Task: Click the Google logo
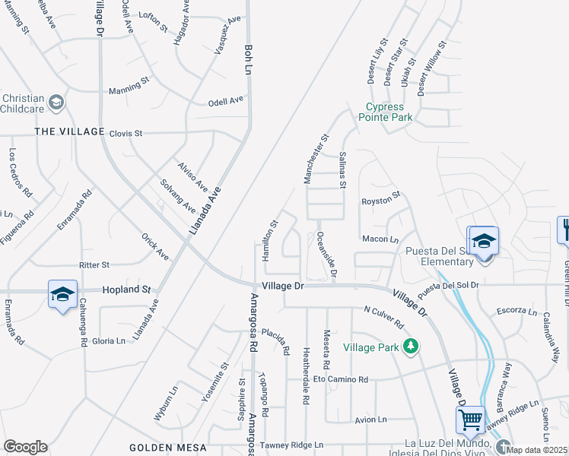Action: [25, 447]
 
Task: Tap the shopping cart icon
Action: [470, 418]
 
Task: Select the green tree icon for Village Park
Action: [411, 347]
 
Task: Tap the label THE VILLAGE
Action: [69, 131]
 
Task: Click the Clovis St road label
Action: [126, 133]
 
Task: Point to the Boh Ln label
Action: [248, 59]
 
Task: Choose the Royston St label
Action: [381, 199]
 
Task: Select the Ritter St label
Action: [94, 265]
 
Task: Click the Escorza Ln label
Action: [517, 311]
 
